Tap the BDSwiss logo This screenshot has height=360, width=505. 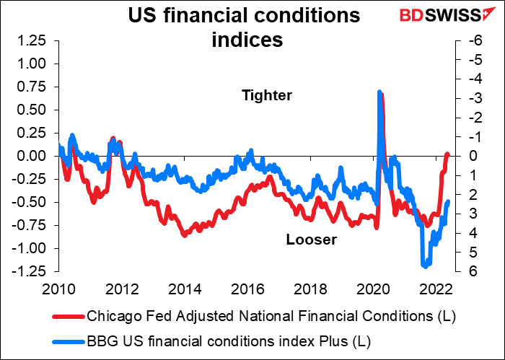point(445,16)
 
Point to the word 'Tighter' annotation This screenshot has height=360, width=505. point(266,95)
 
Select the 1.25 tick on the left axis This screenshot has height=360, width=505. point(32,40)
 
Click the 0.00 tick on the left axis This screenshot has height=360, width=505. point(32,156)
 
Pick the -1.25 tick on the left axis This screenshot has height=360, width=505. point(31,271)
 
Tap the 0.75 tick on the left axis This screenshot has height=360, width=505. point(32,87)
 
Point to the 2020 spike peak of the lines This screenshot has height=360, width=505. point(379,92)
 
